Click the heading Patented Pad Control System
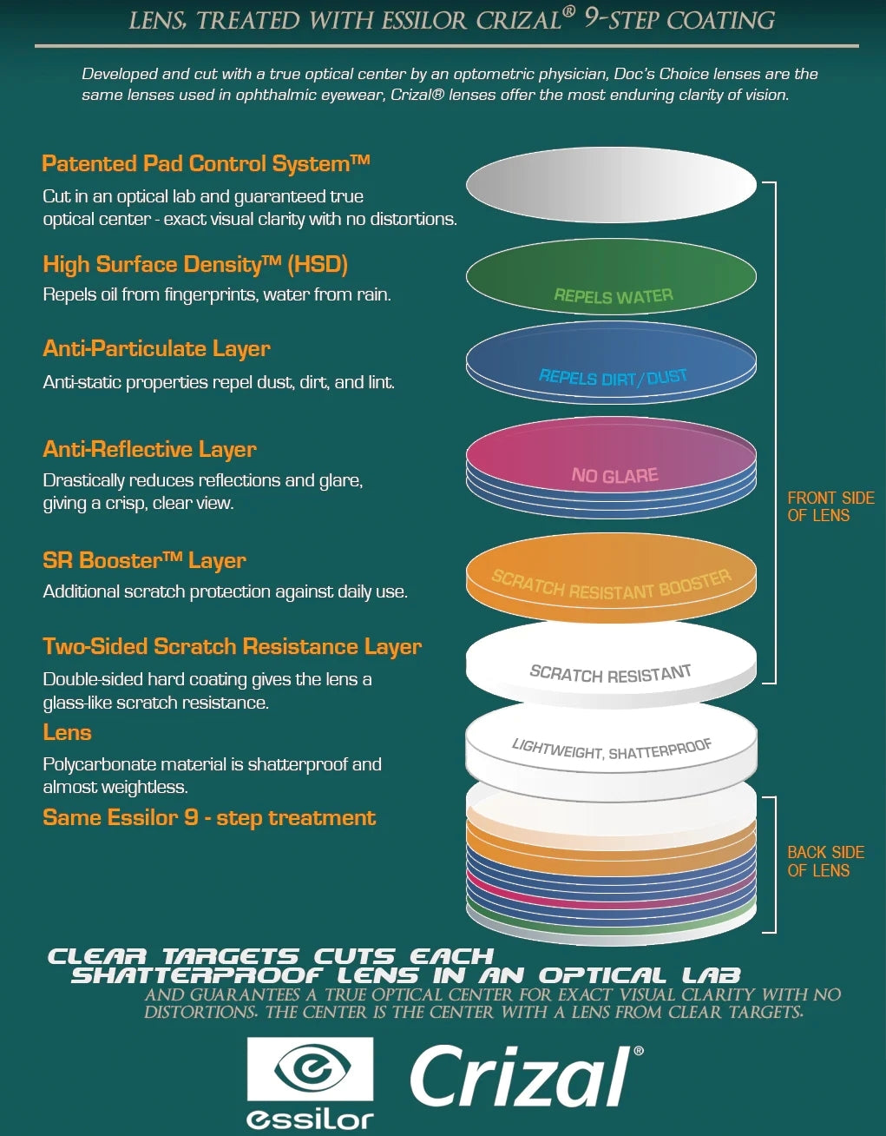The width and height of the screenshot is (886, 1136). pos(206,163)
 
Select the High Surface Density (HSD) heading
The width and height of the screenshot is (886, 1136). pos(195,264)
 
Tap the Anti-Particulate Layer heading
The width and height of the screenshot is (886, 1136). pos(156,348)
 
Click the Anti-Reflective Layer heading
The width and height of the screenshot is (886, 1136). pos(149,449)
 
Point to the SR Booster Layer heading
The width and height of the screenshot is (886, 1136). pos(144,560)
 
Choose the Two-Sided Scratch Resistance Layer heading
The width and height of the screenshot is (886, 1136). pos(232,646)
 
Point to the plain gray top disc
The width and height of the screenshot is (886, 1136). pos(611,184)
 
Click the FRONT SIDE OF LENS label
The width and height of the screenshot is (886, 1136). pos(830,506)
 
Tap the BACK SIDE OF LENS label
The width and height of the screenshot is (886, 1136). pos(825,862)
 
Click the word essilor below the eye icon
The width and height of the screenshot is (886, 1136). pos(310,1119)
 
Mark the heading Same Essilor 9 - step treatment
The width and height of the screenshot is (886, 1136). pos(209,817)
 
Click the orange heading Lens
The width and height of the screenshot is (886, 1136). pos(67,732)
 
